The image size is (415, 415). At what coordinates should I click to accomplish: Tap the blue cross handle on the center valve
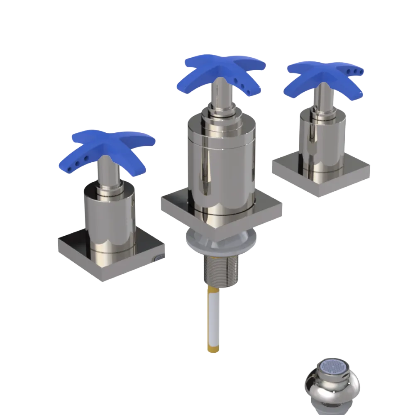[x=224, y=68]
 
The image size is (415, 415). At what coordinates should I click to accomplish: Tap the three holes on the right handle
[x=357, y=71]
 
